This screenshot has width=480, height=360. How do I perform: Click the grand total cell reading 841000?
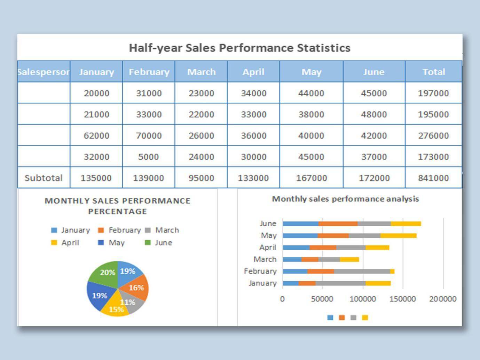(433, 178)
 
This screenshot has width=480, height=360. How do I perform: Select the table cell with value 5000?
(148, 157)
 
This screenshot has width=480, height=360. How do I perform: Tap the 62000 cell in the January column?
(96, 135)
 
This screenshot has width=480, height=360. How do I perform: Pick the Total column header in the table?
(434, 72)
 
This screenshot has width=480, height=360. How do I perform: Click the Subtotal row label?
(44, 178)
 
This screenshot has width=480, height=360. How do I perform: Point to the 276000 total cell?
(433, 135)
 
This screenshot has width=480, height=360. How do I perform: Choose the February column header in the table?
(149, 72)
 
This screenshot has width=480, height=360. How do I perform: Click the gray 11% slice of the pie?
(132, 303)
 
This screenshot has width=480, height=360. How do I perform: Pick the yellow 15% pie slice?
(115, 309)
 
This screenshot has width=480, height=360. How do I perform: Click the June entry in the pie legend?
(163, 243)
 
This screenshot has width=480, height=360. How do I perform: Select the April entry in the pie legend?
(70, 243)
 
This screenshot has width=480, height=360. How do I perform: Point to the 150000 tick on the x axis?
(402, 299)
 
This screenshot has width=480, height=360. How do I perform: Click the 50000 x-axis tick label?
(322, 299)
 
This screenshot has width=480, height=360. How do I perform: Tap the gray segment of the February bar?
(362, 271)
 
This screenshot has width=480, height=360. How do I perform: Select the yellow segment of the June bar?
(406, 224)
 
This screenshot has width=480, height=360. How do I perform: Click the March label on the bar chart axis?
(265, 259)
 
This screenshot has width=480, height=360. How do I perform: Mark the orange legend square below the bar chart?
(342, 318)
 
